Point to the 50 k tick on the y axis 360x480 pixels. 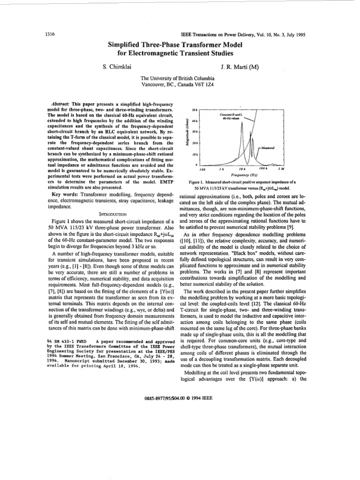[x=195, y=109]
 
